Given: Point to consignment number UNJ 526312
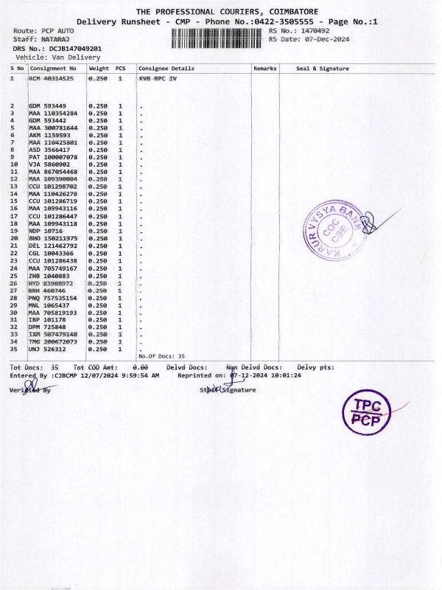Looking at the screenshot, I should (49, 349).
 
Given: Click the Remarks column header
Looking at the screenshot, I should (264, 69).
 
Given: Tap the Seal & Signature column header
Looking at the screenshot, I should (323, 69).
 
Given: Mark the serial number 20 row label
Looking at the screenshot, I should (13, 238).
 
